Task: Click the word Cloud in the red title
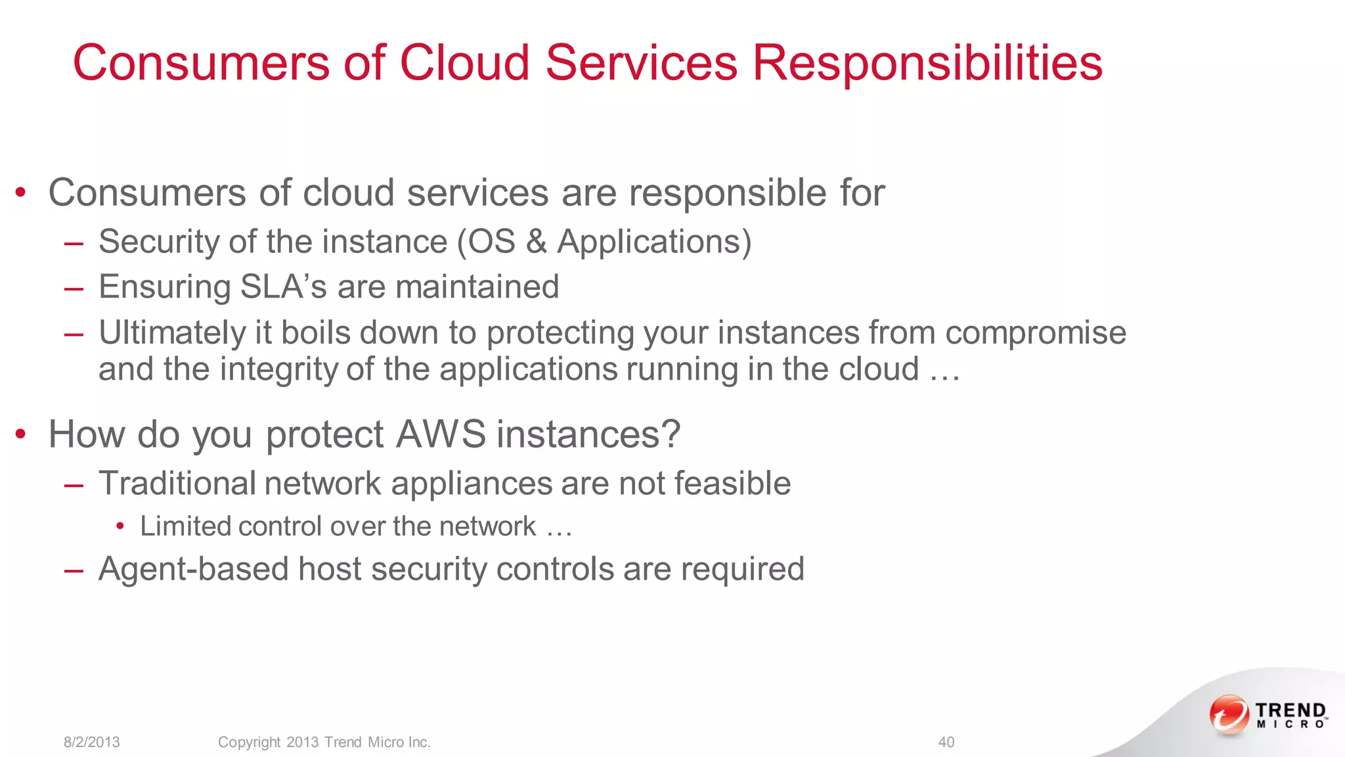tap(464, 63)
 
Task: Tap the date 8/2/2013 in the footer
tap(91, 742)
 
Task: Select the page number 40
tap(946, 742)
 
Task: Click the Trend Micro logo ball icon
tap(1229, 714)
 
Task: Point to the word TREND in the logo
tap(1290, 710)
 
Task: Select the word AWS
tap(441, 434)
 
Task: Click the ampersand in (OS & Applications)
tap(536, 242)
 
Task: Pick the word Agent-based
tap(193, 569)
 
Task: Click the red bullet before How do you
tap(21, 434)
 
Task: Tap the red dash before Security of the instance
tap(74, 244)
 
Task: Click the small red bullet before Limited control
tap(120, 526)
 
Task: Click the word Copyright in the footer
tap(249, 742)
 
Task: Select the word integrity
tap(278, 369)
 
